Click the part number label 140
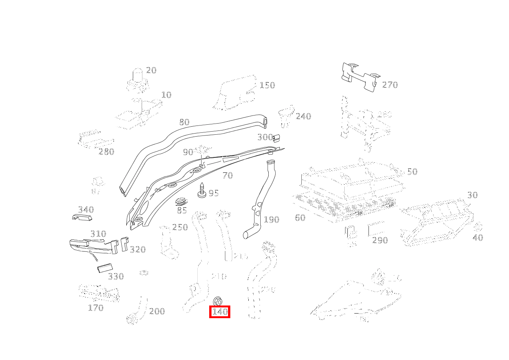(220, 312)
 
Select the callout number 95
(213, 193)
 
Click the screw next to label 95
(202, 190)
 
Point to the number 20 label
(151, 70)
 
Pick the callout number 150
(267, 85)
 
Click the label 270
(390, 85)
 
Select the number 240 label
(303, 116)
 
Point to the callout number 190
(271, 220)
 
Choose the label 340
(86, 210)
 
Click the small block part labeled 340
(82, 218)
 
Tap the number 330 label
(116, 276)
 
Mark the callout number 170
(96, 308)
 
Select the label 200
(157, 311)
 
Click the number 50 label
(412, 172)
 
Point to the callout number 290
(380, 240)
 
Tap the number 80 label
(184, 122)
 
